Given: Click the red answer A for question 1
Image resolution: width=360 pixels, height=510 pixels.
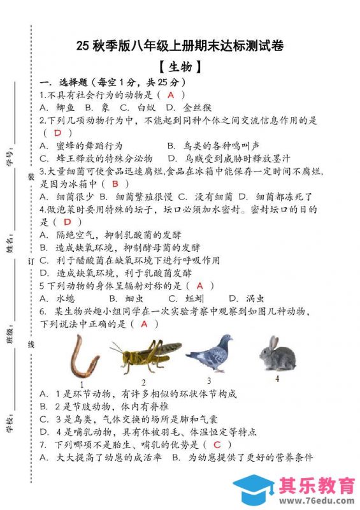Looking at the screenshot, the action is pos(171,95).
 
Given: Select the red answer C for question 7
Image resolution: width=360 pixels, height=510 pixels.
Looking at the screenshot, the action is pos(217,445).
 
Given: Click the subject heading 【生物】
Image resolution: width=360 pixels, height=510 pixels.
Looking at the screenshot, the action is pos(180,66).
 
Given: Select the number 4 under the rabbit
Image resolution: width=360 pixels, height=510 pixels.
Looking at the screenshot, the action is pos(277,378).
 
